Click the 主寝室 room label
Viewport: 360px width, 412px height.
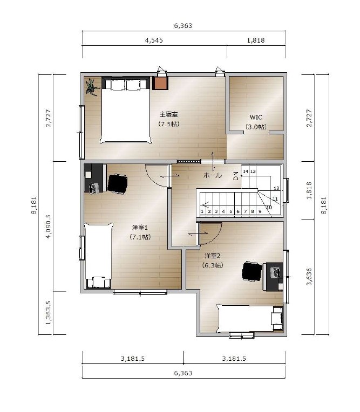pos(169,114)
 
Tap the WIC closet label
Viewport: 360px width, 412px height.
pos(256,117)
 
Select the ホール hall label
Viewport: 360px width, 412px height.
pos(213,175)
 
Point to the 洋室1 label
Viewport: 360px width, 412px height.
pos(140,227)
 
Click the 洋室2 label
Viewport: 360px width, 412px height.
pos(213,256)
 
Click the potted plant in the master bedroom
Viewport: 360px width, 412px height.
pos(92,87)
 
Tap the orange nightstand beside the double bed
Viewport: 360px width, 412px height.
pos(160,83)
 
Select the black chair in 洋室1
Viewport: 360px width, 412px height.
pos(118,184)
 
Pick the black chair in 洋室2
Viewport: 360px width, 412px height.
pos(252,271)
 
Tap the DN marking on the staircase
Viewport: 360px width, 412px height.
pos(236,176)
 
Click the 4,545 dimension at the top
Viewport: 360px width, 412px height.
pos(154,40)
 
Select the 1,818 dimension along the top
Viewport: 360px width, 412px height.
pos(256,40)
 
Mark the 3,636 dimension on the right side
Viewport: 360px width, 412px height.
pos(309,277)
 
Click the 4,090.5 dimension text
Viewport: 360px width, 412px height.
pos(48,226)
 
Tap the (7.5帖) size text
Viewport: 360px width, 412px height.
pos(169,124)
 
